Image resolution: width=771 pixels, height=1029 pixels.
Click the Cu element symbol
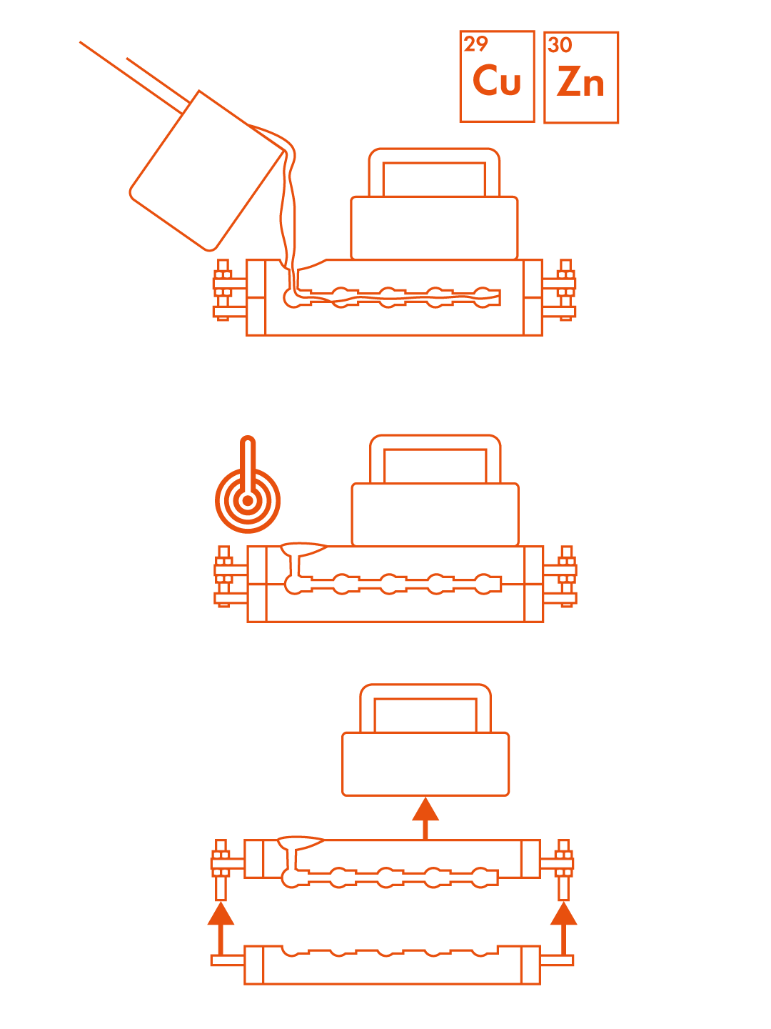tap(496, 80)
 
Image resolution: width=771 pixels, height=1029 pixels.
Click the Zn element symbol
tap(580, 81)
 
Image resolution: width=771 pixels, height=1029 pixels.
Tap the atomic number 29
tap(475, 44)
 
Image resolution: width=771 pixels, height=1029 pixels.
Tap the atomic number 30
tap(560, 45)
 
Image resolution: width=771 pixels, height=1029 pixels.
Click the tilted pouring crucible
tap(206, 171)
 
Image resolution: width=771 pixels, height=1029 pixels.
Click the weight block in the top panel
tap(434, 228)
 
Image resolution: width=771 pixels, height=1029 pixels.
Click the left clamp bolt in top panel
tap(223, 289)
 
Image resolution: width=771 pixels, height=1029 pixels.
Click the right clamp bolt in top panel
tap(565, 289)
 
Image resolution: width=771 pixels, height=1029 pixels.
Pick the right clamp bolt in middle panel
tap(566, 576)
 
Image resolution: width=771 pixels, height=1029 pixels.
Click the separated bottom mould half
tap(393, 965)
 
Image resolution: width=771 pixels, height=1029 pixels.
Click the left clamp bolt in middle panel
tap(224, 576)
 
